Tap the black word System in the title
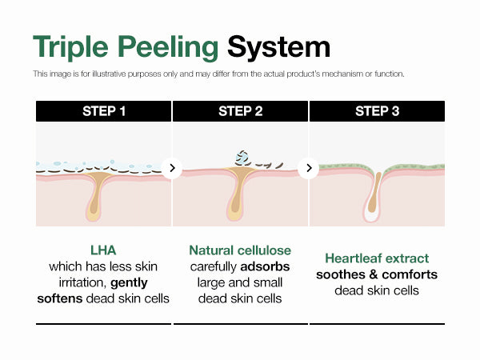pyautogui.click(x=278, y=47)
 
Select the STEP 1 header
pyautogui.click(x=104, y=111)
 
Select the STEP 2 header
pyautogui.click(x=240, y=111)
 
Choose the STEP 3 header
pyautogui.click(x=377, y=111)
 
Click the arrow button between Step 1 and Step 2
pyautogui.click(x=172, y=168)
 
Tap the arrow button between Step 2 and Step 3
pyautogui.click(x=309, y=168)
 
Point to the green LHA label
pyautogui.click(x=103, y=250)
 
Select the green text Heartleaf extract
pyautogui.click(x=377, y=258)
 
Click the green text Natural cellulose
pyautogui.click(x=240, y=250)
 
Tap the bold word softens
pyautogui.click(x=63, y=298)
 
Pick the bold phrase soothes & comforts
pyautogui.click(x=377, y=274)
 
